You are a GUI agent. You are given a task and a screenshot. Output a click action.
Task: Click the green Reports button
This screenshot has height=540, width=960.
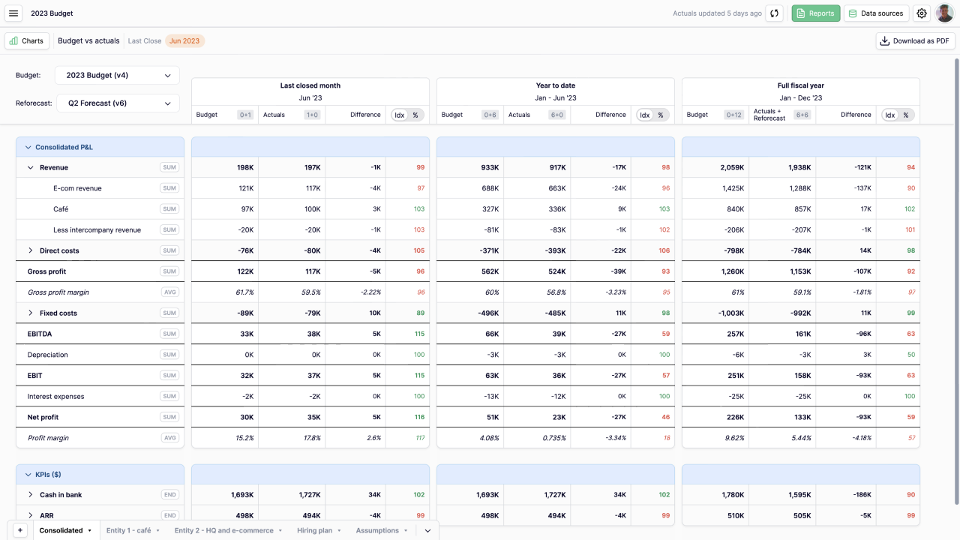pos(815,13)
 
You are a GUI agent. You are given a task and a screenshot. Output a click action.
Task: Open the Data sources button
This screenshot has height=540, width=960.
pos(876,13)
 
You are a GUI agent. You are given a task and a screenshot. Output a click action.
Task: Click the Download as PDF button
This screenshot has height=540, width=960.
pos(915,41)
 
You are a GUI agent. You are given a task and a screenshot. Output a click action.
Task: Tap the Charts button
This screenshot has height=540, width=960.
pos(27,41)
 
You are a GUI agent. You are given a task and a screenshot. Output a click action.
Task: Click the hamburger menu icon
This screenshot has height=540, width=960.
pos(13,13)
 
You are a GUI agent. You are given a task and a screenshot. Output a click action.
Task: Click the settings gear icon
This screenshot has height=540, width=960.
pos(922,13)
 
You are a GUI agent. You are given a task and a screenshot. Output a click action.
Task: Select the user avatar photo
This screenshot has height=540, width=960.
pos(944,13)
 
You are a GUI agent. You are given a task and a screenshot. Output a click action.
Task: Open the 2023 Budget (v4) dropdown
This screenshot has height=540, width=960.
pos(117,75)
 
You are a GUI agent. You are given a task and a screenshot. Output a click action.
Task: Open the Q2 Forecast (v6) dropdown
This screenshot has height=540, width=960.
pos(118,103)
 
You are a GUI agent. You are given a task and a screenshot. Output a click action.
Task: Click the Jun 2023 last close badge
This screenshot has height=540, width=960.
pos(184,41)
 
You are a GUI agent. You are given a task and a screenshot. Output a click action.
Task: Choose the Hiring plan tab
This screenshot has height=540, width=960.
pos(319,530)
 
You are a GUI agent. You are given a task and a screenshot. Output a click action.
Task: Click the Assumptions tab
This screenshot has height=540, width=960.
pos(382,530)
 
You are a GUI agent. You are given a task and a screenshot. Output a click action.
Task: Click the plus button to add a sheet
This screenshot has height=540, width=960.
pos(20,530)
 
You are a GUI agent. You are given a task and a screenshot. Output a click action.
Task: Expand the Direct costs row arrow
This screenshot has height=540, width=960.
pos(31,250)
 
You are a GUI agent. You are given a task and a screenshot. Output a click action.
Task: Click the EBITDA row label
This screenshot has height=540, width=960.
pos(40,334)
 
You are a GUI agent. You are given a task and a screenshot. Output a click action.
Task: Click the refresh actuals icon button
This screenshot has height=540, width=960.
pos(775,13)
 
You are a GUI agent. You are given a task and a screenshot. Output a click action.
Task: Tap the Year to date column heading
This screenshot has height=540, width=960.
pos(555,85)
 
